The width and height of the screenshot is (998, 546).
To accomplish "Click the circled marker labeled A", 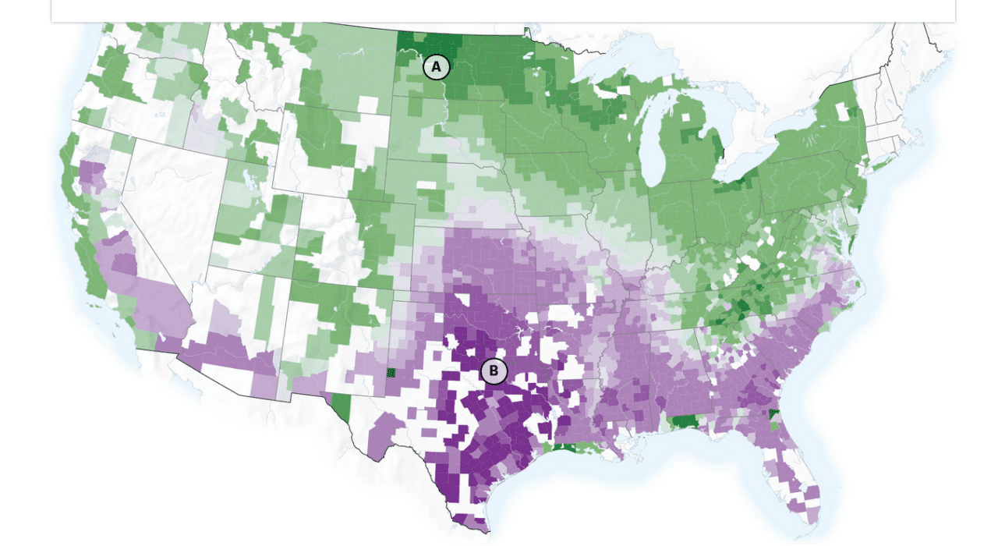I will [x=437, y=67].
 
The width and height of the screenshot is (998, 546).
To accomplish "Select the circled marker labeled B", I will [x=494, y=371].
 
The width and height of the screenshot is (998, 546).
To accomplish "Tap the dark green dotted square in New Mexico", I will [x=392, y=372].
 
